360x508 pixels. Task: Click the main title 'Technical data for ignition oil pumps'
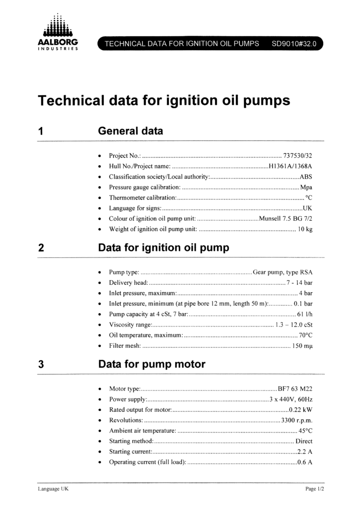click(164, 101)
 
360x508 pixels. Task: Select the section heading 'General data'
click(131, 131)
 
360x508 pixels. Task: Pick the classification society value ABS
click(306, 177)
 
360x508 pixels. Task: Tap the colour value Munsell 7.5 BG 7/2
click(286, 219)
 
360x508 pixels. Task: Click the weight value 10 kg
click(305, 229)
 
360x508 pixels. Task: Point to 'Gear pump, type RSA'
click(283, 272)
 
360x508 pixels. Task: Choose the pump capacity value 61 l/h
click(304, 314)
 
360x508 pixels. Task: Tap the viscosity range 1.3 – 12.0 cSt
click(293, 324)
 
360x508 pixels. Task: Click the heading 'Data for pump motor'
click(152, 364)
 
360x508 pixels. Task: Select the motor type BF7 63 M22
click(295, 388)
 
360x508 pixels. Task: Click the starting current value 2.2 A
click(304, 452)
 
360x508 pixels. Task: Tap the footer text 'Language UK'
click(54, 489)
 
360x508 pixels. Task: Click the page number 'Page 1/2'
click(314, 489)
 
